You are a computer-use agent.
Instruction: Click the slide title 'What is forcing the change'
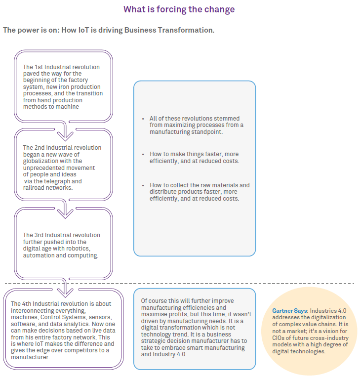(x=179, y=9)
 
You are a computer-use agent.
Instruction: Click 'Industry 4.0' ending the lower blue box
(x=169, y=354)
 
